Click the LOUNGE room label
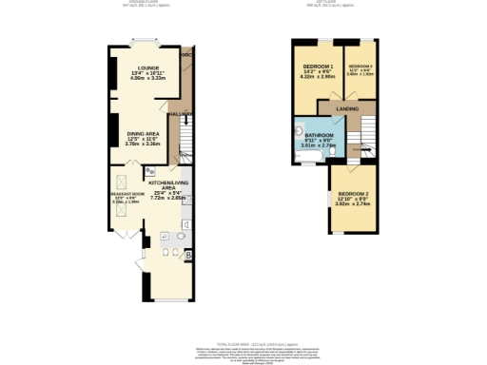(146, 68)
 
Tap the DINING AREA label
(144, 134)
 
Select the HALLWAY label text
(179, 113)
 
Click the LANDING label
(348, 109)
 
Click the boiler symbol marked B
(188, 256)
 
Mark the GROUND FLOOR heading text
(145, 3)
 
